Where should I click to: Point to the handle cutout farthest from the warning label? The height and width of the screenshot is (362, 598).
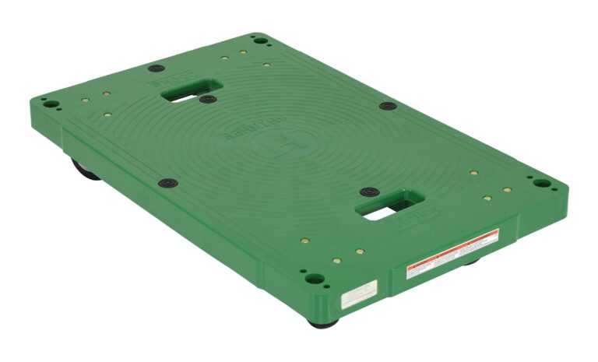click(191, 91)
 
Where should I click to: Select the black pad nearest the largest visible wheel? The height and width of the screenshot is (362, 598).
click(167, 184)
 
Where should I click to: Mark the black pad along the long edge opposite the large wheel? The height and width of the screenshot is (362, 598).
click(388, 106)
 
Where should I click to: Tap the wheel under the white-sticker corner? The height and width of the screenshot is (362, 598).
click(322, 322)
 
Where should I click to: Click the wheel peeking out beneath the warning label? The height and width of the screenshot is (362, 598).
click(470, 263)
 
